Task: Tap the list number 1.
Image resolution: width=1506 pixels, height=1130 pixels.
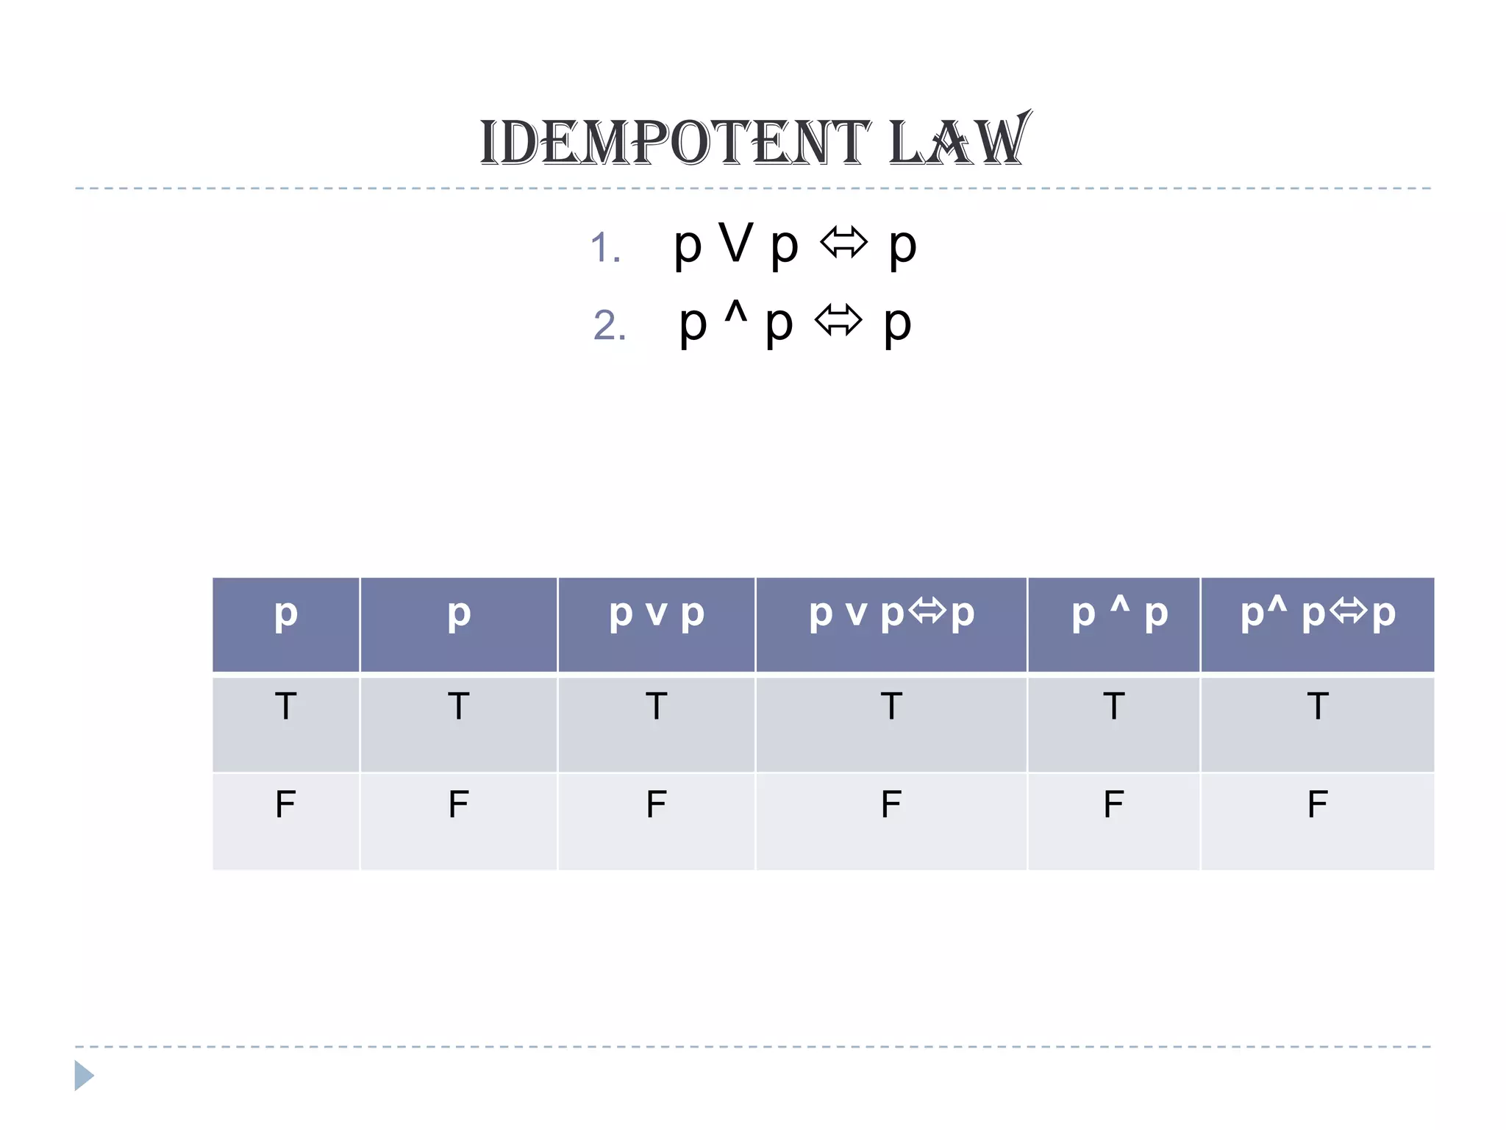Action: (605, 247)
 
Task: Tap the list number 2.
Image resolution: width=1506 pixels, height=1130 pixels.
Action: (610, 325)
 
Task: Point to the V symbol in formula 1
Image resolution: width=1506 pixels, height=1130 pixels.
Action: (736, 243)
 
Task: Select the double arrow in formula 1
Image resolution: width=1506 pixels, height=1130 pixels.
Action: (843, 243)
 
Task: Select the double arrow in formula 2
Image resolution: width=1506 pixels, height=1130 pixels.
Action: (838, 321)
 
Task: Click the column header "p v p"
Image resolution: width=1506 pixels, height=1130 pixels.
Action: (657, 614)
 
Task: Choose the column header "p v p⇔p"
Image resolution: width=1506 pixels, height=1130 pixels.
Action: (891, 614)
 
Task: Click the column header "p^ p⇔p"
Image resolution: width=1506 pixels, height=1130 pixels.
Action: (1317, 614)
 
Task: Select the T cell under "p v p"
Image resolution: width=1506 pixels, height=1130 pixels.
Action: (657, 706)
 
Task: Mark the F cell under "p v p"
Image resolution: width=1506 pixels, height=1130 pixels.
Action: (657, 804)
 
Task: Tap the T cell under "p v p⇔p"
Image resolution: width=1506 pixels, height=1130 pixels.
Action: (891, 706)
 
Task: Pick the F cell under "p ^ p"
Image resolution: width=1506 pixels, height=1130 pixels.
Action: (1113, 804)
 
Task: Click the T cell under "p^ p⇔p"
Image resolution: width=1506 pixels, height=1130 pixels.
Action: (1317, 706)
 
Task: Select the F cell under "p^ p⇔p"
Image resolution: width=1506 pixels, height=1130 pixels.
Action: (1317, 804)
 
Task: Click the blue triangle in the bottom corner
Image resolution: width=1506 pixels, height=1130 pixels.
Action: (83, 1076)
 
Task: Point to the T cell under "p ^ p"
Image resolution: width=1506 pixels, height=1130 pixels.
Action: (1113, 706)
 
